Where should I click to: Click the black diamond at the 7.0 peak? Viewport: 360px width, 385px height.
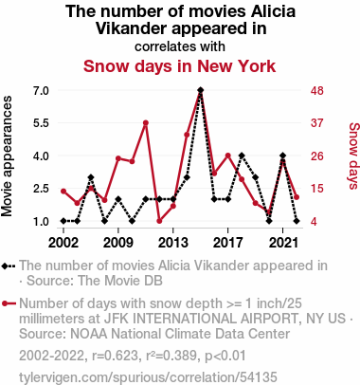tap(200, 90)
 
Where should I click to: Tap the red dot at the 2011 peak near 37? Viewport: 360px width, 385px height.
tap(146, 123)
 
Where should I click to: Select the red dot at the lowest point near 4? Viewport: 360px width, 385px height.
tap(159, 221)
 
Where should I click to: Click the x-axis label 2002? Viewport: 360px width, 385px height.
tap(63, 243)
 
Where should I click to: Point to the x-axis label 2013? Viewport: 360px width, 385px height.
tap(172, 243)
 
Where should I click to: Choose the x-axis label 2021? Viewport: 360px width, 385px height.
tap(282, 243)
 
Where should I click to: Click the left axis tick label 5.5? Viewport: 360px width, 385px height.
tap(41, 123)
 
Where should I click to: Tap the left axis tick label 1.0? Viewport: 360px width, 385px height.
tap(41, 221)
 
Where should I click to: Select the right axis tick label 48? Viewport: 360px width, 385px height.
tap(317, 91)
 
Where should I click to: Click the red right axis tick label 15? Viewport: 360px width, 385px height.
tap(317, 189)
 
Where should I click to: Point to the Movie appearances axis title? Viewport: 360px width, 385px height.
tap(7, 156)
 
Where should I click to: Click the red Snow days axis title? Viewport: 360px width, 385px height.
tap(353, 156)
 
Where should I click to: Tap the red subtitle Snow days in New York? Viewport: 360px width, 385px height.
tap(179, 66)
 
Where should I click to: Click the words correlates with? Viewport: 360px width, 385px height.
tap(180, 46)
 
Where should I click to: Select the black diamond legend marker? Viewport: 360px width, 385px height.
tap(5, 266)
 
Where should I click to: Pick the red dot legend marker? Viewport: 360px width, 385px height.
tap(5, 303)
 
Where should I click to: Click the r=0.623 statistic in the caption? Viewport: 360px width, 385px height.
tap(116, 356)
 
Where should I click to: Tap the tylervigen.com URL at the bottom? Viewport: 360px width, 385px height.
tap(148, 377)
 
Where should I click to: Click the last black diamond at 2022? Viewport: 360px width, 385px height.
tap(297, 221)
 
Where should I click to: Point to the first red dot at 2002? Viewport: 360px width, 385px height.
tap(63, 192)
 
